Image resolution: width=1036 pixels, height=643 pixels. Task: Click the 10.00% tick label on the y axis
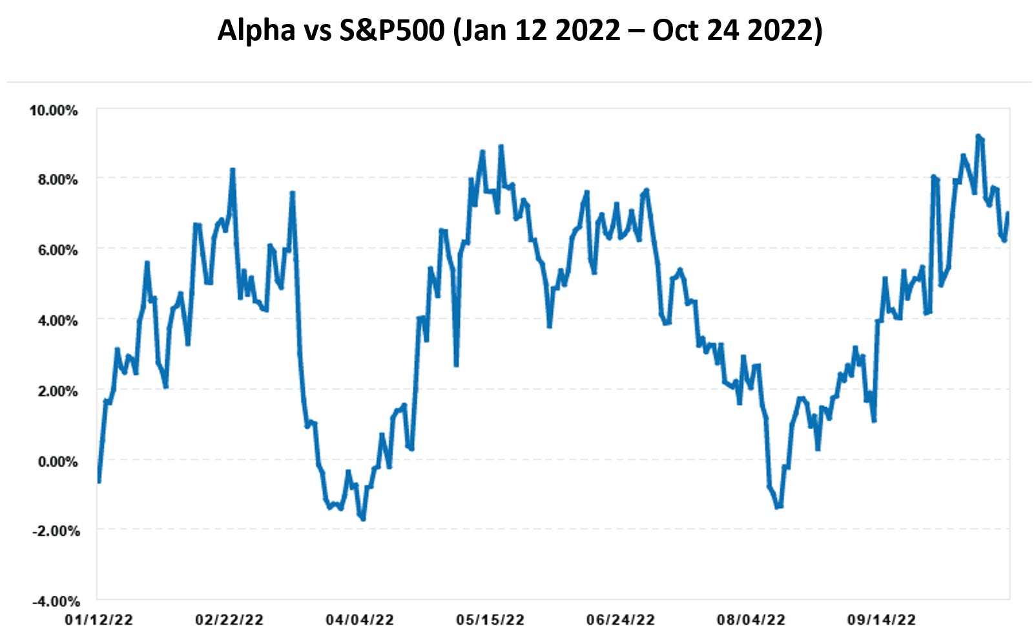tap(53, 111)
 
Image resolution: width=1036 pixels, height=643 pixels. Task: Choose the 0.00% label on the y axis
tap(57, 461)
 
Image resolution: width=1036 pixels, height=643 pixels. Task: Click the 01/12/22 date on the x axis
tap(99, 620)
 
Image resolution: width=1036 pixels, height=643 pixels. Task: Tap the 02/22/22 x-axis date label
tap(229, 620)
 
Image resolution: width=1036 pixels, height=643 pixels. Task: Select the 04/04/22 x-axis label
tap(360, 620)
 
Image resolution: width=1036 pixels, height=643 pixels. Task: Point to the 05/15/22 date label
tap(490, 620)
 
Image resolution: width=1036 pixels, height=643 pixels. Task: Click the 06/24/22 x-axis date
tap(621, 620)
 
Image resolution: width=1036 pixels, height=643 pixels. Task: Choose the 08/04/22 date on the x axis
tap(751, 620)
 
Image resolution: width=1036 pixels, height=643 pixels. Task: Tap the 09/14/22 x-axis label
tap(882, 620)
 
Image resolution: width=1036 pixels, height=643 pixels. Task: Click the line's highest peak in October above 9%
tap(978, 136)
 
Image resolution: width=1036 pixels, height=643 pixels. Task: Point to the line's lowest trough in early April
tap(364, 519)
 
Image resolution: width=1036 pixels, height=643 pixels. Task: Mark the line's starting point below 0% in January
tap(99, 481)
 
